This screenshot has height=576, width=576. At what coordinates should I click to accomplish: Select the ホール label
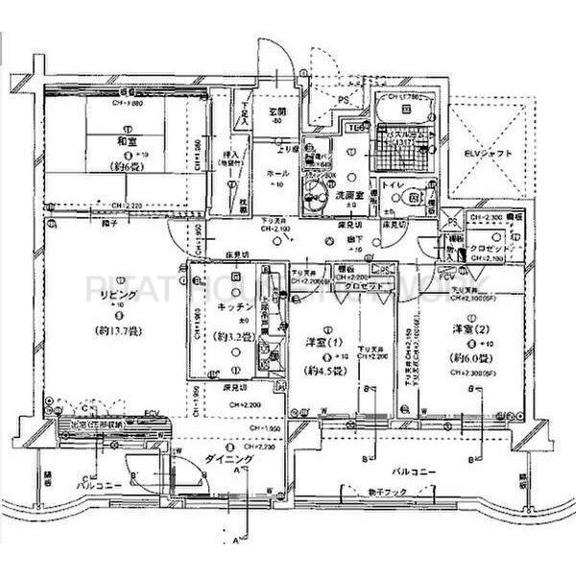273,175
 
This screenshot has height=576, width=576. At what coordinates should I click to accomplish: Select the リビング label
108,296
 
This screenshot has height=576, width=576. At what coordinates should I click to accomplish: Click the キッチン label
233,305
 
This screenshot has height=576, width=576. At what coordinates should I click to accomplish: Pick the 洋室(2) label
471,329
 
